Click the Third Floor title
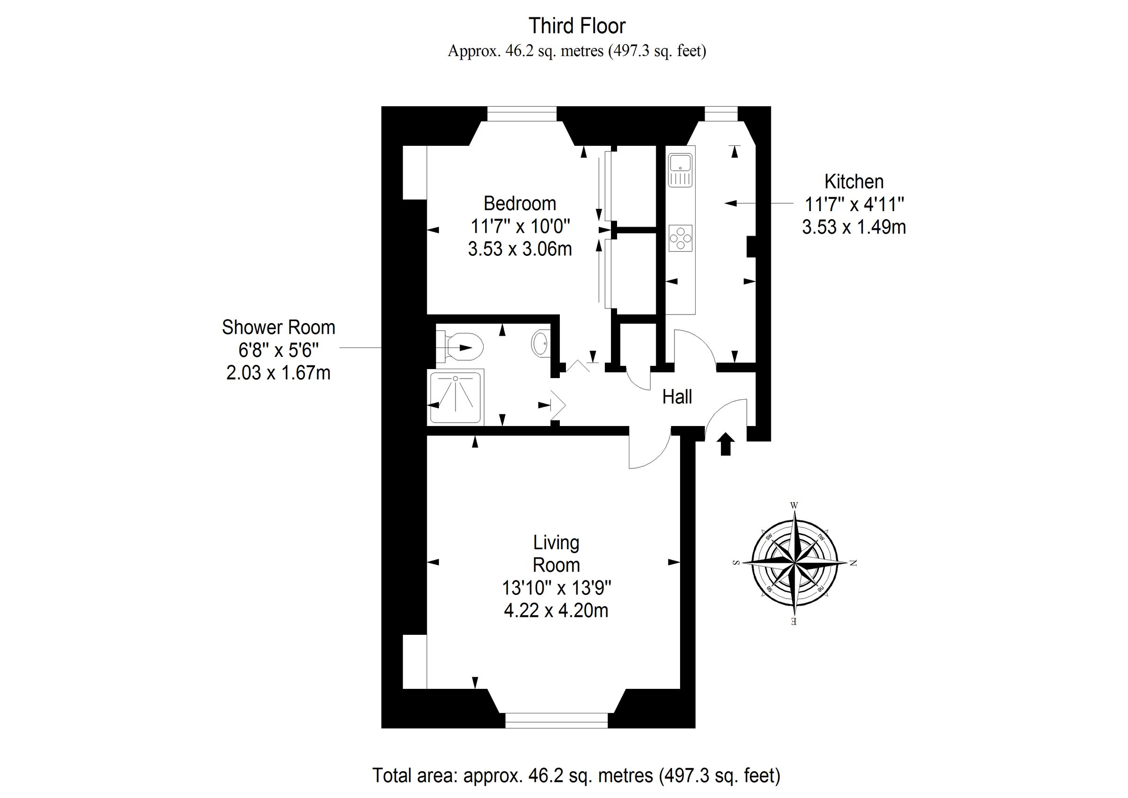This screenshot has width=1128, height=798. coord(577,26)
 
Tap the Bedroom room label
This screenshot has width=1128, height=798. coord(520,204)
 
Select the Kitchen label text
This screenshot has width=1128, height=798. coord(854,182)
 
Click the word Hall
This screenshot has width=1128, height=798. coord(677,397)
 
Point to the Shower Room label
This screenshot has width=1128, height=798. coord(278,327)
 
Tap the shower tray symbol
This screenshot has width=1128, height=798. coord(455,397)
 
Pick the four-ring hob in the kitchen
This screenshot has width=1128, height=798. coord(681,238)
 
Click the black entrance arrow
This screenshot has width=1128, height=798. coord(726,443)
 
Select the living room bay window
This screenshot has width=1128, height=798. coord(556,721)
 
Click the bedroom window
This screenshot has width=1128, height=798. coord(522,114)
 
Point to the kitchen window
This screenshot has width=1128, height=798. coord(721,114)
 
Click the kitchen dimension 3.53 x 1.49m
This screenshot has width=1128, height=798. coord(854,227)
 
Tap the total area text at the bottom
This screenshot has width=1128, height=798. coord(576,775)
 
